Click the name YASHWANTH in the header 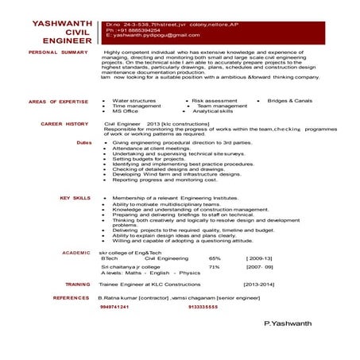tap(64, 24)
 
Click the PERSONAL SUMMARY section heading tap(57, 52)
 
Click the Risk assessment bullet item tap(215, 101)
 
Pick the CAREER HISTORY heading tap(64, 125)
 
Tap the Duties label tap(83, 142)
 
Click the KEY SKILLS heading tap(74, 197)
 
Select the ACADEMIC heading tap(76, 253)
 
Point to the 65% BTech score tap(215, 259)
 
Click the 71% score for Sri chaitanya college tap(214, 268)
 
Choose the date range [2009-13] tap(259, 259)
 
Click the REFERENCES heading tap(71, 296)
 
